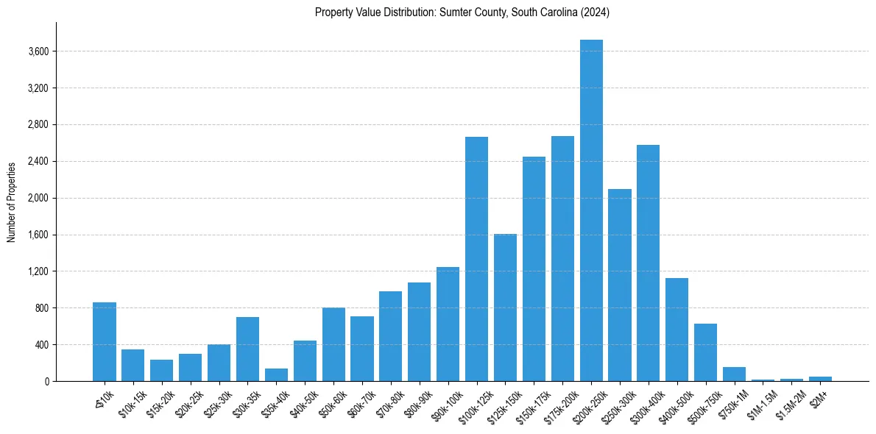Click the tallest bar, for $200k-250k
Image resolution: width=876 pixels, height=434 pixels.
coord(591,210)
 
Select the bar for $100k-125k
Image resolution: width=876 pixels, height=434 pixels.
coord(476,259)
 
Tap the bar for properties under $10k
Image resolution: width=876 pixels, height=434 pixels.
coord(105,341)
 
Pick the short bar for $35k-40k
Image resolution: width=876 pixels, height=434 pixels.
coord(276,375)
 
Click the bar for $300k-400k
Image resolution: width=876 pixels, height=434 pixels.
coord(648,263)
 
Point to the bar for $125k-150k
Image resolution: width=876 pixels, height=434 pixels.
coord(505,307)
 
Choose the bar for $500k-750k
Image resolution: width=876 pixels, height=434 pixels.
coord(705,352)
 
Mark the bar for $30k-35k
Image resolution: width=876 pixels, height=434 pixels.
coord(247,349)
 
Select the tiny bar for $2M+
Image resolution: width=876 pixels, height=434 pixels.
coord(820,379)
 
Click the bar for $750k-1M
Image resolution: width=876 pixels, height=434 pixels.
coord(734,374)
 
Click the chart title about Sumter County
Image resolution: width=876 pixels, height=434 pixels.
coord(462,13)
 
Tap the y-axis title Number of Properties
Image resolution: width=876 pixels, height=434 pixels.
coord(12,202)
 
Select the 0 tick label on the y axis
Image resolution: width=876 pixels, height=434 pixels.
coord(46,381)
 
